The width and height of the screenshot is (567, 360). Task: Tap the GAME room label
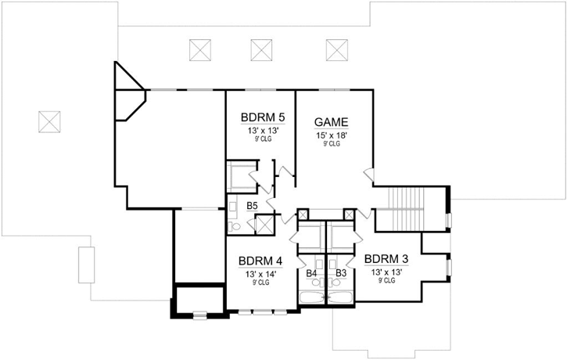pos(331,122)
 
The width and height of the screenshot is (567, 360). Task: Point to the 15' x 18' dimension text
pos(331,135)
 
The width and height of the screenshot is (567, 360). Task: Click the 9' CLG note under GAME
pos(331,144)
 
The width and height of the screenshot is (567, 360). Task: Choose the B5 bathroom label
pos(252,206)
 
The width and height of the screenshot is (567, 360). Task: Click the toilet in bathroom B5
pos(233,225)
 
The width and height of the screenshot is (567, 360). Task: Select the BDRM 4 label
pos(260,261)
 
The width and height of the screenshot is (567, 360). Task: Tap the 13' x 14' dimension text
pos(260,275)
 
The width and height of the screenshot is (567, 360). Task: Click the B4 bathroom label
pos(311,273)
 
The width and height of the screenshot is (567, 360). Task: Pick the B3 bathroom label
pos(341,273)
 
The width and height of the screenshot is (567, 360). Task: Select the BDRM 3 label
pos(386,259)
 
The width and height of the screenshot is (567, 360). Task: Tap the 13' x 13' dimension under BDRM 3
pos(386,272)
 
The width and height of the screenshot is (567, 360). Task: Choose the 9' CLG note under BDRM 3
pos(386,280)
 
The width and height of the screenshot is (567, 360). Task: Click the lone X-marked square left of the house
pos(49,121)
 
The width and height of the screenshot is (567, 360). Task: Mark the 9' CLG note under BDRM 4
pos(260,283)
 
